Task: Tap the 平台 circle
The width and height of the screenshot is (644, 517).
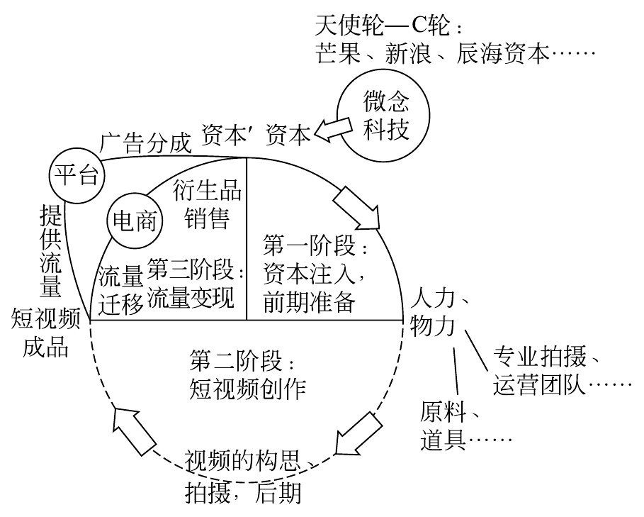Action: pyautogui.click(x=76, y=174)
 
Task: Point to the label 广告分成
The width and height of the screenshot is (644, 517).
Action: pyautogui.click(x=146, y=143)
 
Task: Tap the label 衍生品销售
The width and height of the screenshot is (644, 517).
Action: pyautogui.click(x=207, y=206)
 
